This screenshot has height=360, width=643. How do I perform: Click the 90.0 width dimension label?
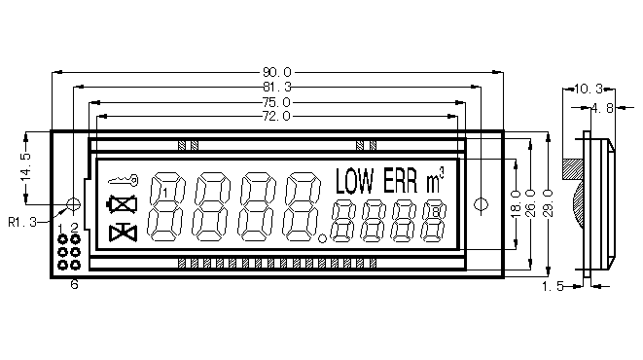[277, 73]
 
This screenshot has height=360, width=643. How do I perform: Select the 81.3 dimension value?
[277, 87]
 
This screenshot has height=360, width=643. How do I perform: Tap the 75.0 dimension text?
[277, 102]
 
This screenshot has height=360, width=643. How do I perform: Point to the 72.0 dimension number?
[277, 117]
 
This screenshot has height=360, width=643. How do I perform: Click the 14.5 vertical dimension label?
[26, 167]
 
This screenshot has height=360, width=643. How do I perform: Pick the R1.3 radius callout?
[22, 222]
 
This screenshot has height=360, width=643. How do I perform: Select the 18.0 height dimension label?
[516, 203]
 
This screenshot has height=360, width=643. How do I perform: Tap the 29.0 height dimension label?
[549, 203]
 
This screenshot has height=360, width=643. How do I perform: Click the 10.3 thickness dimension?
[589, 89]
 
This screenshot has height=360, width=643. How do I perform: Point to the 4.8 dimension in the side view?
[602, 108]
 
